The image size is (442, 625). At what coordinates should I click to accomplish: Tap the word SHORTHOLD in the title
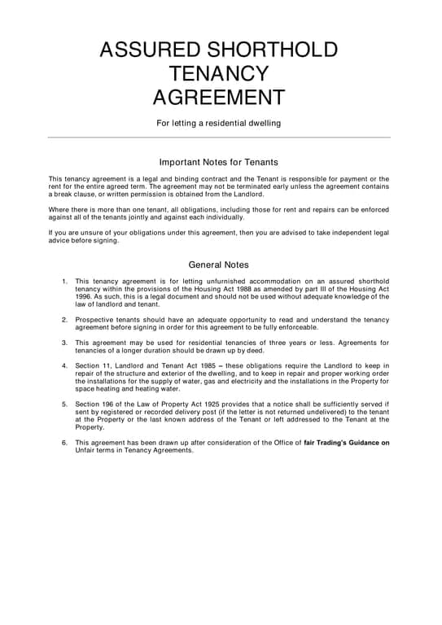click(274, 50)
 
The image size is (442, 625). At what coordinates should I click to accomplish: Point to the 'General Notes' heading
click(218, 264)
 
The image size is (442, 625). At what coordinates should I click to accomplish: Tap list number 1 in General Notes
click(64, 281)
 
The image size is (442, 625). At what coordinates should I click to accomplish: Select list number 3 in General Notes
click(64, 343)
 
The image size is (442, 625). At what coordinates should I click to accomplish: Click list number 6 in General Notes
click(64, 443)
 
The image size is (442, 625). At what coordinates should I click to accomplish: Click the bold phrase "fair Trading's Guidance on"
click(346, 443)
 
